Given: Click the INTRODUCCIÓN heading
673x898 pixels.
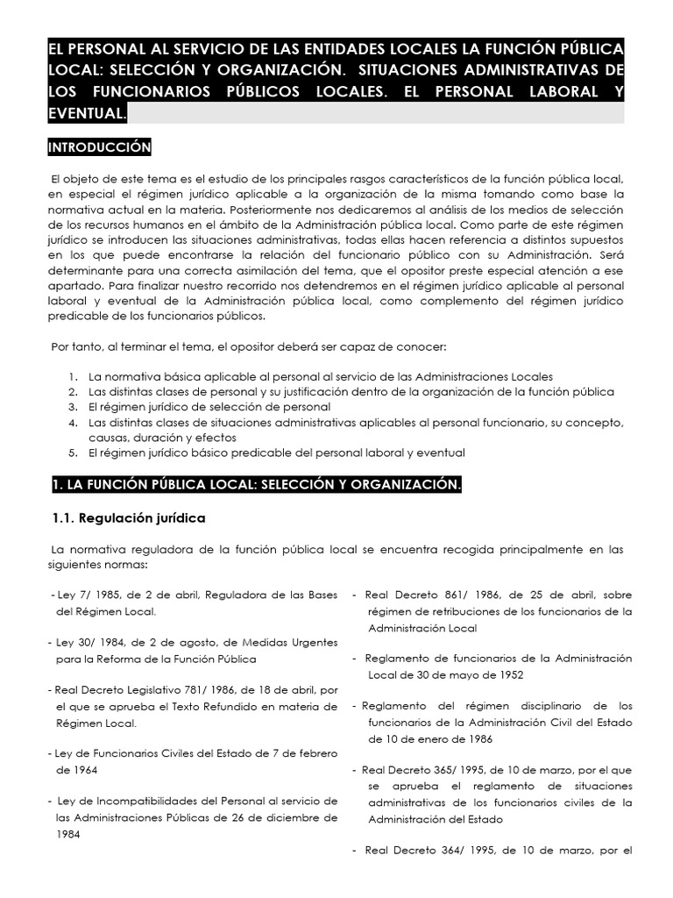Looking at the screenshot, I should [100, 146].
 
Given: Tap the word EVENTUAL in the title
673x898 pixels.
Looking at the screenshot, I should [87, 113].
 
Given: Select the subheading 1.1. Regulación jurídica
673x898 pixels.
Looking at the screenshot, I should [130, 517].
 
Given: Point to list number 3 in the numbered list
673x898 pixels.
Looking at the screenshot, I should [74, 407].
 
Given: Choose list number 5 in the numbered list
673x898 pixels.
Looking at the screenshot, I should [74, 453].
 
